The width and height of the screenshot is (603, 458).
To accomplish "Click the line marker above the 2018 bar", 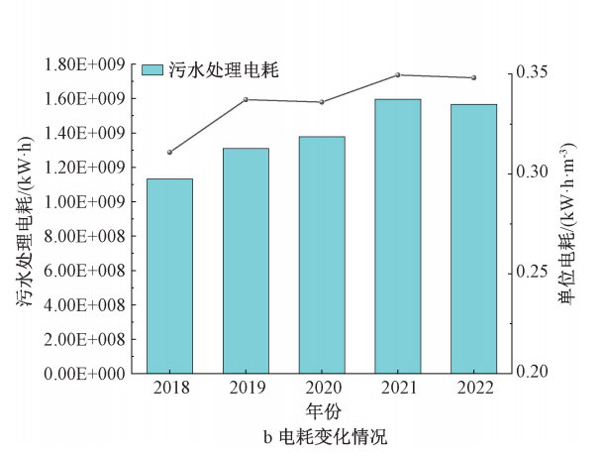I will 169,152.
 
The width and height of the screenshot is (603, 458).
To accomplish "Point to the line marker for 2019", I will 246,99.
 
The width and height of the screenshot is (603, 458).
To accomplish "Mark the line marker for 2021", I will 397,74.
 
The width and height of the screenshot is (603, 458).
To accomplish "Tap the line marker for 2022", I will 473,77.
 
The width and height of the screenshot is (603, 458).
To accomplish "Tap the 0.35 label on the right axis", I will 530,72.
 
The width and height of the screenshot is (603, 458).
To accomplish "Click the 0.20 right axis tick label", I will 530,373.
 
